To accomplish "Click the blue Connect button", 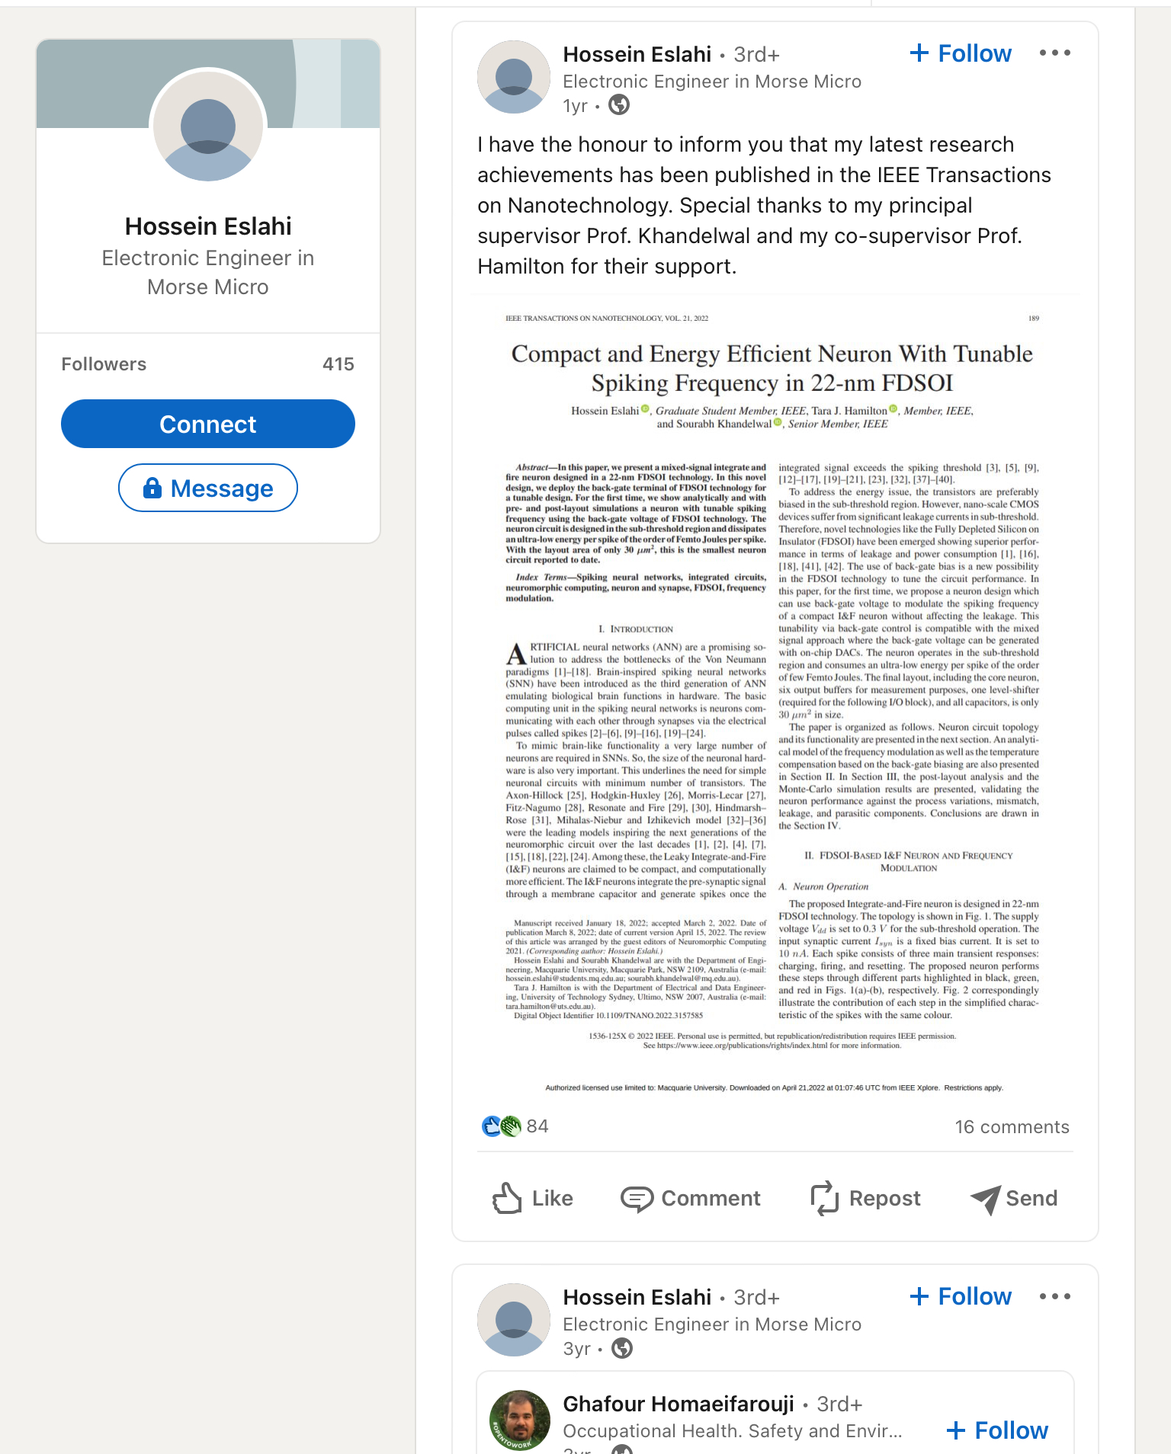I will (x=207, y=424).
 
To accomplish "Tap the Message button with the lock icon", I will (x=207, y=488).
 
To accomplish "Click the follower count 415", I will (x=338, y=364).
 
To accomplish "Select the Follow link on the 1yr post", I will (x=961, y=53).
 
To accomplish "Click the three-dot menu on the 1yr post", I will (x=1055, y=53).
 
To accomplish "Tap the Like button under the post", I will (x=532, y=1198).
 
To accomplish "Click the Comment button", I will (x=691, y=1198).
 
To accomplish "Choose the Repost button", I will (x=865, y=1198).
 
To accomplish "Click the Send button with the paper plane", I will (x=1014, y=1198).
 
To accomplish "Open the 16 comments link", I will (x=1012, y=1127).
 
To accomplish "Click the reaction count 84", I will (x=537, y=1126).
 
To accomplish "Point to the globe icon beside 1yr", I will (x=619, y=105).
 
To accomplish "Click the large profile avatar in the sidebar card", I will (x=208, y=126).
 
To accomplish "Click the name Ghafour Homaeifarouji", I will (x=678, y=1404).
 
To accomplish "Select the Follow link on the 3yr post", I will (x=961, y=1296).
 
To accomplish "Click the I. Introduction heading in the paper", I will (x=636, y=629).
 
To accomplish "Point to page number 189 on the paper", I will (x=1034, y=319).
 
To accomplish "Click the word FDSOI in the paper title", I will (x=917, y=383).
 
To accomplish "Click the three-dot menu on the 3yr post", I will (x=1055, y=1296).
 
